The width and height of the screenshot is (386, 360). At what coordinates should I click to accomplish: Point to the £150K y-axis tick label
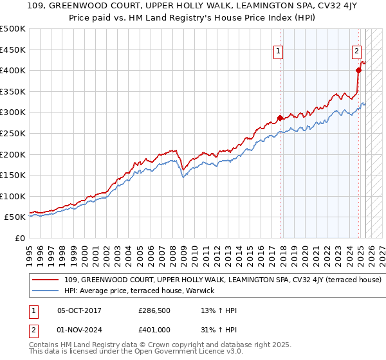pos(13,175)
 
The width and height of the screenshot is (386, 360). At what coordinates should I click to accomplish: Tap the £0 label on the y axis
pos(20,238)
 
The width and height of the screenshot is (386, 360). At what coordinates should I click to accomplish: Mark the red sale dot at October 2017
pos(280,118)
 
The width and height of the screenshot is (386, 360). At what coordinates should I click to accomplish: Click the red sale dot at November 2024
pos(358,70)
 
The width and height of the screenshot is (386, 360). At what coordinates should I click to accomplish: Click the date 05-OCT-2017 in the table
pos(79,310)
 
